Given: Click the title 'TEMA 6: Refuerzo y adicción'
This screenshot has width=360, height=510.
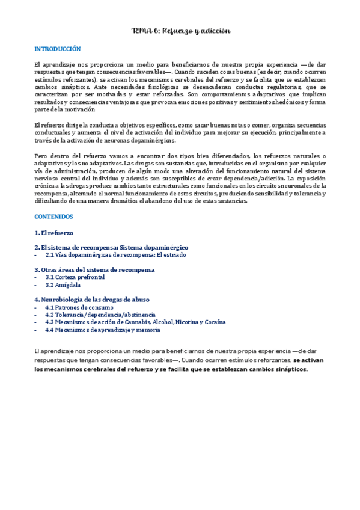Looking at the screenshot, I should pyautogui.click(x=180, y=31).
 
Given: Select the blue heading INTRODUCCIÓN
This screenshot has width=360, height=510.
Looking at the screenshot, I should pyautogui.click(x=58, y=49).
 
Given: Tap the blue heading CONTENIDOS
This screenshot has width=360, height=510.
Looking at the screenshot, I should pyautogui.click(x=54, y=217).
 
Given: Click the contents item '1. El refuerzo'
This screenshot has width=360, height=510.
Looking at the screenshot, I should pyautogui.click(x=54, y=232).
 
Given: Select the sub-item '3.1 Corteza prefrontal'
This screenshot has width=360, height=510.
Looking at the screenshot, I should pyautogui.click(x=75, y=277).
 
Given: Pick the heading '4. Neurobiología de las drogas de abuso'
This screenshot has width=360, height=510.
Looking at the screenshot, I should pyautogui.click(x=92, y=300).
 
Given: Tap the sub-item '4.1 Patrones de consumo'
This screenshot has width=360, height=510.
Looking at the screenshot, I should pyautogui.click(x=79, y=307).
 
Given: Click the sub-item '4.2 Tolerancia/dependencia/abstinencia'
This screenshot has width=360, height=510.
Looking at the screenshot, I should pyautogui.click(x=100, y=315).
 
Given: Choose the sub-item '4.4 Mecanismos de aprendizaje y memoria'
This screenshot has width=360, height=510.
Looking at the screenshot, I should pyautogui.click(x=103, y=330).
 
